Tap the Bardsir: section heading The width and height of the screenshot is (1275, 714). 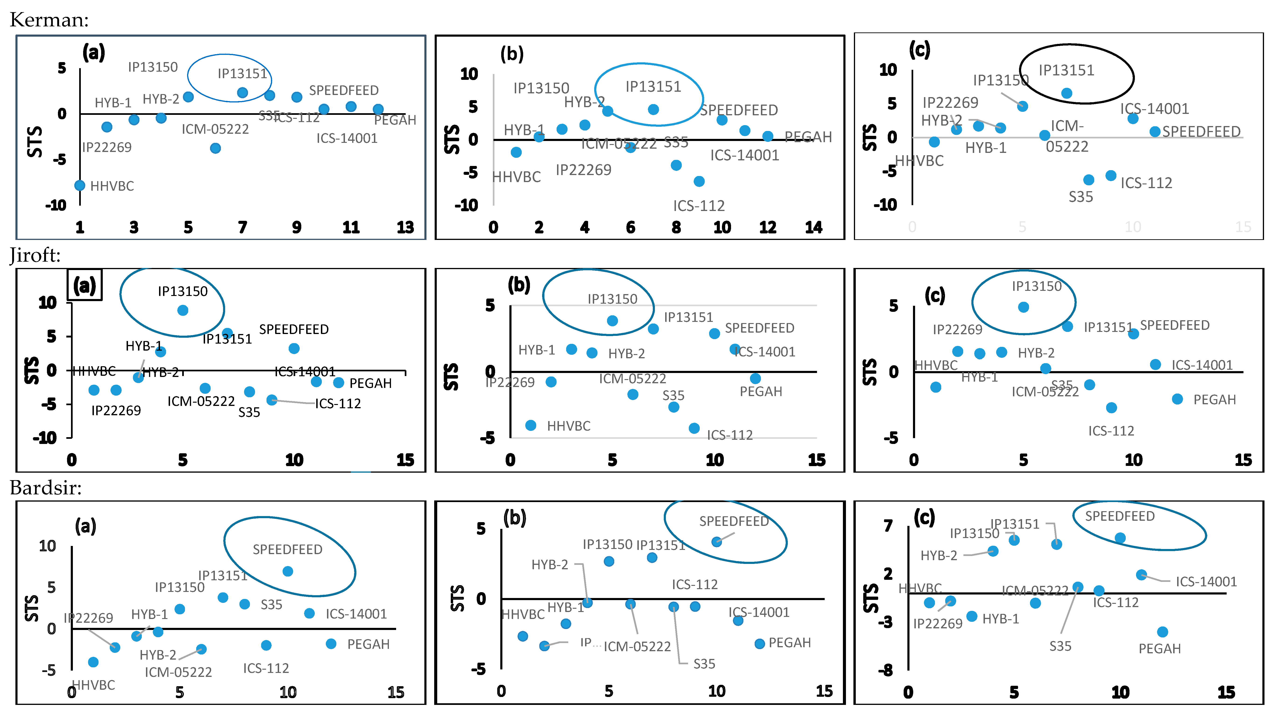[x=46, y=488]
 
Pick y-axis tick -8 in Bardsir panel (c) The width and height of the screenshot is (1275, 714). [x=885, y=670]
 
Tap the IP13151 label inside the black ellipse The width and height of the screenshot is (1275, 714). [x=1066, y=70]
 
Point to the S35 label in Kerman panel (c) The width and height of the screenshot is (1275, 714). [x=1080, y=197]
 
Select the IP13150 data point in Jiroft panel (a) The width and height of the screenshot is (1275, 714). [x=183, y=310]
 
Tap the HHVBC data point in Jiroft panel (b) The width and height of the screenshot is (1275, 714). [x=531, y=426]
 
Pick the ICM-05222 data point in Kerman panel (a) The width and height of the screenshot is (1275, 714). [x=215, y=148]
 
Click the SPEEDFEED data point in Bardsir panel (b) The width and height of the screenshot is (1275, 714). [x=716, y=542]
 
